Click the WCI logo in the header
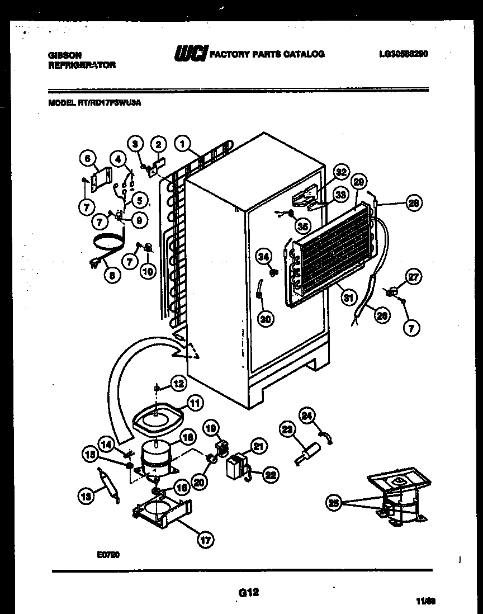click(191, 54)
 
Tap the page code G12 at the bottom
click(248, 592)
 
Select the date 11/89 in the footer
click(425, 601)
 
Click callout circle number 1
click(182, 144)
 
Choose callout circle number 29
click(360, 181)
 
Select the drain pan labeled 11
click(158, 417)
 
